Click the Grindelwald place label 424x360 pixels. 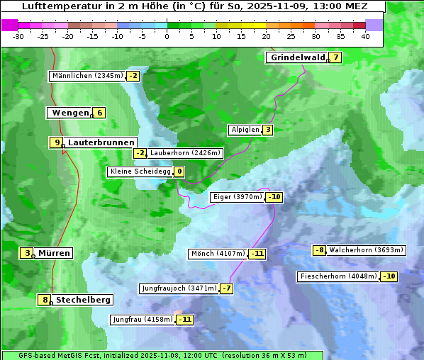tap(297, 57)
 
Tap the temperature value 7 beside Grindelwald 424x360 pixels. tap(335, 57)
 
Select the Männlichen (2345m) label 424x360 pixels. tap(87, 76)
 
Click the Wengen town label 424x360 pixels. tap(70, 113)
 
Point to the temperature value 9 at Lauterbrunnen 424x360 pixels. tap(57, 142)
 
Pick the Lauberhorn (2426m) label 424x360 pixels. tap(186, 153)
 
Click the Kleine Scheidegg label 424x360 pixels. tap(140, 171)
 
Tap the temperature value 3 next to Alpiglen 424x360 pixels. tap(268, 130)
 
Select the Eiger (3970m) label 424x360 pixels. tap(238, 197)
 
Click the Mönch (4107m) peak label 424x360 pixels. tap(218, 254)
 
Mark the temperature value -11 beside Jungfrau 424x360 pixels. tap(184, 320)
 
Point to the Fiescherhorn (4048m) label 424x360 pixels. tap(337, 276)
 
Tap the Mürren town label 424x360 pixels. tap(54, 253)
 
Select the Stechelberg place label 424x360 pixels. tap(83, 300)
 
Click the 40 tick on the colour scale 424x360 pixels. tap(365, 36)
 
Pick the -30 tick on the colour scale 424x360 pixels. tap(18, 36)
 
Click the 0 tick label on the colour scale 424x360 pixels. tap(167, 36)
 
